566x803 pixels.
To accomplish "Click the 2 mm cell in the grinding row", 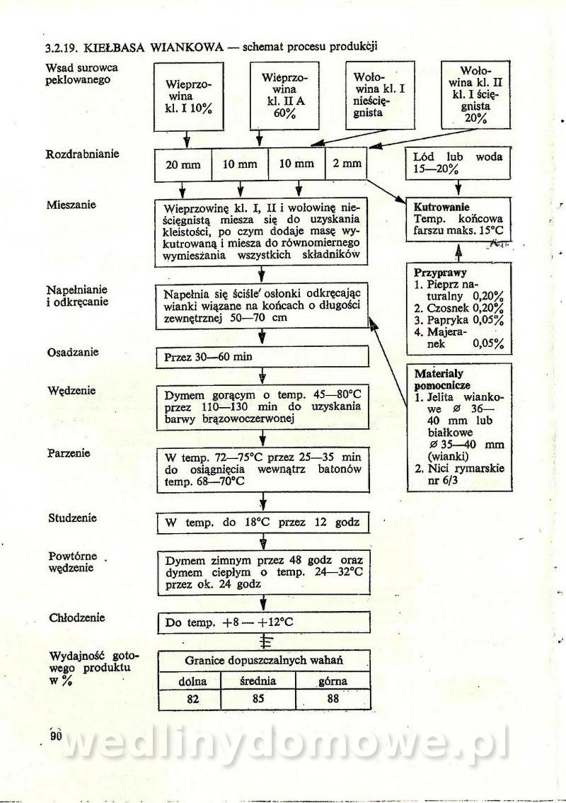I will pos(347,164).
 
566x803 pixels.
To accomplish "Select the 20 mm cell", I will pos(183,165).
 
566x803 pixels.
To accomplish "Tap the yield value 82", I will pos(189,699).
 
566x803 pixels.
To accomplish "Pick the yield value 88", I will pos(333,699).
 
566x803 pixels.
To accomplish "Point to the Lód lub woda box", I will pos(458,164).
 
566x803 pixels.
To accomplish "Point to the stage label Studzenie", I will pos(71,518).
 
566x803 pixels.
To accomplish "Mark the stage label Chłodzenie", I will pos(76,617).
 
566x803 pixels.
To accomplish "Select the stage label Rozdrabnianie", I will pos(82,154).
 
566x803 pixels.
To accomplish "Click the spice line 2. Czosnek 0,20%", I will pos(458,309).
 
